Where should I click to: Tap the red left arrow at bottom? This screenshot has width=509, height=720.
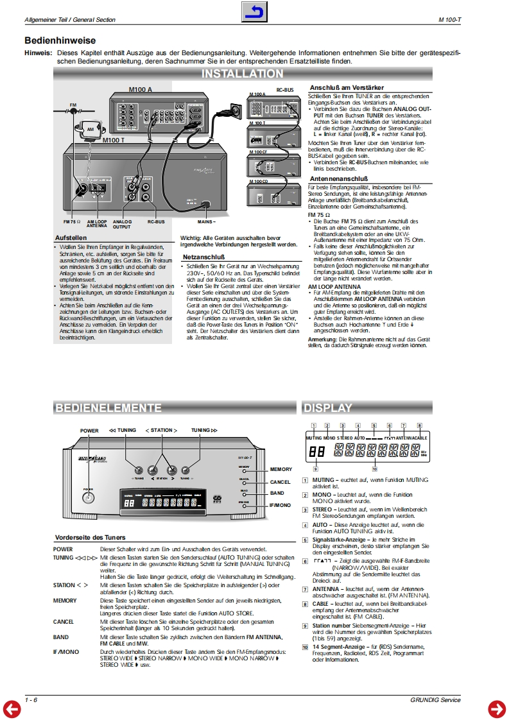click(12, 708)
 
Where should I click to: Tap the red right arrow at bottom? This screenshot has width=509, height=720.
click(497, 708)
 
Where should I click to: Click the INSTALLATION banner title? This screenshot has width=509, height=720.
click(242, 74)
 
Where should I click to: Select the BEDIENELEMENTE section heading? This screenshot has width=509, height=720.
click(108, 408)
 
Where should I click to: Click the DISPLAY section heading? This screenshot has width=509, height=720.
click(328, 408)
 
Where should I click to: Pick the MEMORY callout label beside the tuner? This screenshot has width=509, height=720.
click(280, 470)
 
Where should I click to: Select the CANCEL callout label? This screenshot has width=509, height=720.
click(280, 482)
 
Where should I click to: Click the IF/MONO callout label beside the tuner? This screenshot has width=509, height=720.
click(280, 506)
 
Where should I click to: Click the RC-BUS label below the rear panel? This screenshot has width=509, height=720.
click(155, 221)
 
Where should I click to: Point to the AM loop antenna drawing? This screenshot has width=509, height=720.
click(91, 130)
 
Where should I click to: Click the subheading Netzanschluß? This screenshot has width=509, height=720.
click(202, 257)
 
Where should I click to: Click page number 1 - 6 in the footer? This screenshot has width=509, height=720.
click(31, 699)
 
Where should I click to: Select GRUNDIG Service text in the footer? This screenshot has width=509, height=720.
click(435, 699)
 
